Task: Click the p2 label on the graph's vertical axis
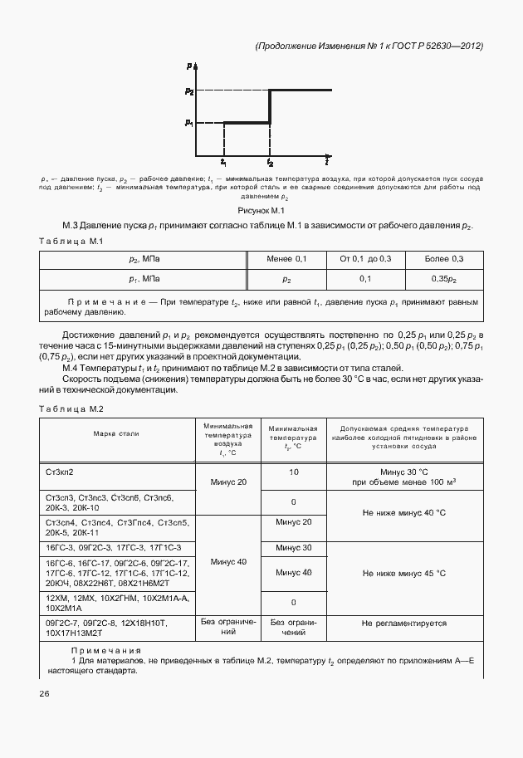point(190,90)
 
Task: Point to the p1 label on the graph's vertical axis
point(190,123)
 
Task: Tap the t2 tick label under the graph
point(270,164)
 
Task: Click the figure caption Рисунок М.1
point(261,212)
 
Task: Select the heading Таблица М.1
point(71,241)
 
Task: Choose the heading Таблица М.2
point(71,408)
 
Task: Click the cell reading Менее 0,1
point(286,260)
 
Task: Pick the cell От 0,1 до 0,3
point(365,260)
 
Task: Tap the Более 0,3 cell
point(444,260)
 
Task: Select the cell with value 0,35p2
point(444,280)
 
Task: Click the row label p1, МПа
point(145,280)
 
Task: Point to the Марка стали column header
point(116,433)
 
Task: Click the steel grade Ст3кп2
point(61,472)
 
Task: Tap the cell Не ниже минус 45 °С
point(404,573)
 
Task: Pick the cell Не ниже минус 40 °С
point(404,512)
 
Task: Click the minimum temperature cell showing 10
point(294,472)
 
